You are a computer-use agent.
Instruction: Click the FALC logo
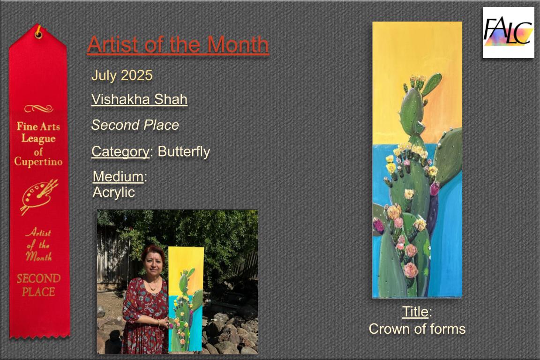pos(508,32)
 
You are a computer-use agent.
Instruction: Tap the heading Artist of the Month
pos(178,45)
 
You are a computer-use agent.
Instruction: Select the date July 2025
pos(121,75)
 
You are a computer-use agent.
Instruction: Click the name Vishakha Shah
pos(139,99)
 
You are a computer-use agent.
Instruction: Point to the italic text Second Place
pos(135,125)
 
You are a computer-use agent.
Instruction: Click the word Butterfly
pos(184,151)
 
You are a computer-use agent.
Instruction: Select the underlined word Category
pos(120,151)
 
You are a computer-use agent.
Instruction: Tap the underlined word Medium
pos(118,177)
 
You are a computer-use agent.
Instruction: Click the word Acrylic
pos(113,192)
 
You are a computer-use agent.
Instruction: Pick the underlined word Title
pos(415,312)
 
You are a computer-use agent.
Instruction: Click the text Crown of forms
pos(417,329)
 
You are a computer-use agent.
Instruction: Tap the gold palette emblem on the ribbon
pos(38,196)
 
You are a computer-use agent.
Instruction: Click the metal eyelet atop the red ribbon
pos(38,34)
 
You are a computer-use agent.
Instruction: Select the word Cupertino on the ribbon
pos(38,162)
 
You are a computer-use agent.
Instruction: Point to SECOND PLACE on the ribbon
pos(38,285)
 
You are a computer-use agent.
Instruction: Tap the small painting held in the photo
pos(185,299)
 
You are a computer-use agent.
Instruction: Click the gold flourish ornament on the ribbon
pos(38,109)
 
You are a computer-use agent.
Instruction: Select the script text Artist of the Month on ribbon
pos(38,244)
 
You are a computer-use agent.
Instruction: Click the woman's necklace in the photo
pos(152,285)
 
